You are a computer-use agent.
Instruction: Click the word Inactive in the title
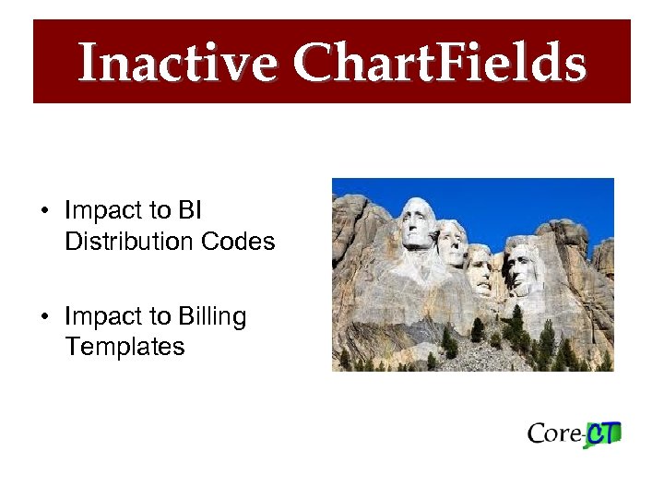176,64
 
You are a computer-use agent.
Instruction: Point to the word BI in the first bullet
189,211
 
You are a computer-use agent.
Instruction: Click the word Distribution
116,242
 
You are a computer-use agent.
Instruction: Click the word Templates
125,347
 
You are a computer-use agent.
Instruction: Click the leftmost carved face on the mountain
417,224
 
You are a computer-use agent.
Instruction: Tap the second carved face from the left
451,242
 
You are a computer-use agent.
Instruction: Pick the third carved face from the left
480,267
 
